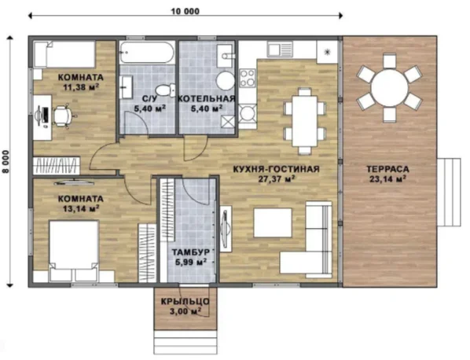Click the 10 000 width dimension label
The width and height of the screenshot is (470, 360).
click(185, 11)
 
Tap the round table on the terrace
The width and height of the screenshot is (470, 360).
click(389, 87)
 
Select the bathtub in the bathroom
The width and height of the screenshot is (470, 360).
click(146, 53)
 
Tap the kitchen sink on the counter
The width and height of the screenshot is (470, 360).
click(280, 50)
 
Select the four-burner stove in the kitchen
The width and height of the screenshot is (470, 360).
click(248, 78)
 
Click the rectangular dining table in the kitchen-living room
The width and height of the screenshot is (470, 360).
click(305, 120)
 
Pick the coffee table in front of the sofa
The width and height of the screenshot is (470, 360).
click(273, 222)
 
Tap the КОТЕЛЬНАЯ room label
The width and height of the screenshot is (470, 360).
click(207, 98)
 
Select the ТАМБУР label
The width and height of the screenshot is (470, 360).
click(191, 252)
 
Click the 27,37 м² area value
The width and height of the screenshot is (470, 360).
click(276, 179)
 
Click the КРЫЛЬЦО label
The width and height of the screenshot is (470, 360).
click(185, 302)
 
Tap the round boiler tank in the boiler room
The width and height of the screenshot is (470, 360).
click(226, 81)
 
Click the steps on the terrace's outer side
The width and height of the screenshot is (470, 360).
click(449, 193)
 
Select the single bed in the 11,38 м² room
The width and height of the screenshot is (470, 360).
click(64, 54)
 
